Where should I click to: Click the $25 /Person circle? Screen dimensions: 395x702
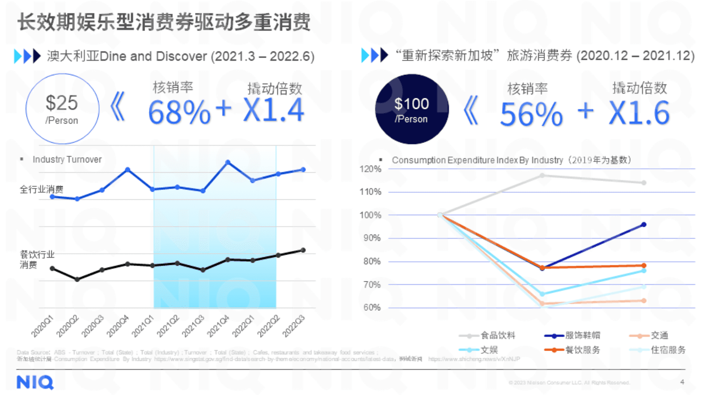click(62, 109)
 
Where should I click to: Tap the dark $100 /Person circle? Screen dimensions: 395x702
click(411, 109)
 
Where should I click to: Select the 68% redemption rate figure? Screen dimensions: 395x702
click(179, 112)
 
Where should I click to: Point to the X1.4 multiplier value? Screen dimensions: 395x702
click(274, 111)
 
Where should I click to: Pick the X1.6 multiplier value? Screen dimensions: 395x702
click(639, 113)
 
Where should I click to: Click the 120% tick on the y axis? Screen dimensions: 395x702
click(370, 169)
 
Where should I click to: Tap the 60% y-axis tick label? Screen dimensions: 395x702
click(372, 307)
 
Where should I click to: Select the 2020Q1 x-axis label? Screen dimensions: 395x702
click(42, 326)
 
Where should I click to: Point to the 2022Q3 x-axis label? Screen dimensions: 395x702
click(294, 326)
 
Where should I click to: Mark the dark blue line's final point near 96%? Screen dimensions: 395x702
click(644, 225)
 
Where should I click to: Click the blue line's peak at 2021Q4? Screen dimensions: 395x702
click(228, 163)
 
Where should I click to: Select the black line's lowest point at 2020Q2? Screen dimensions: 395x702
click(77, 279)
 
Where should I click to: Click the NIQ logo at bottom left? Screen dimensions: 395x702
click(35, 382)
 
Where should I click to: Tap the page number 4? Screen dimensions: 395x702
click(682, 382)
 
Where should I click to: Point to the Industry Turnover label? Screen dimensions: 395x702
click(67, 159)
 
